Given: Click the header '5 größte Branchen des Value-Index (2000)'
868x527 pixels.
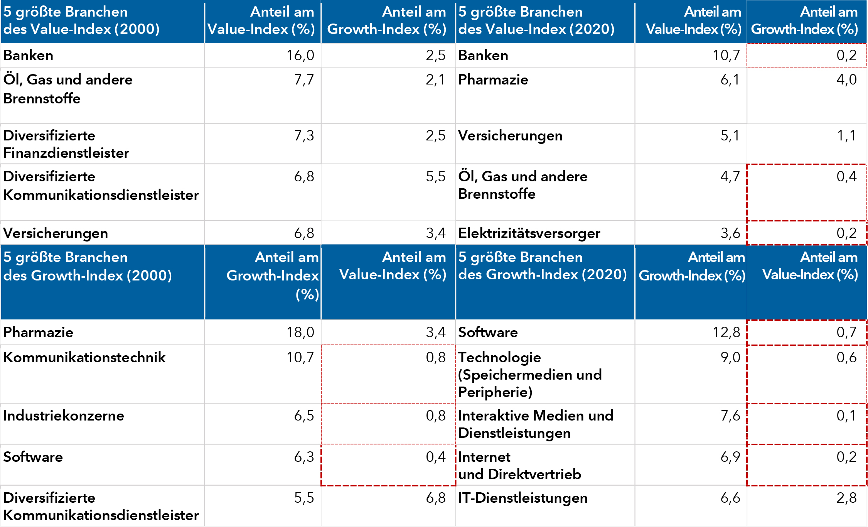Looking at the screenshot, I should pos(81,20).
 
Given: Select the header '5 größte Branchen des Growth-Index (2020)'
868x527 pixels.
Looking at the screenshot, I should pos(542,266).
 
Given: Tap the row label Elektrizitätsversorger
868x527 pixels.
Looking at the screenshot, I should pos(529,233).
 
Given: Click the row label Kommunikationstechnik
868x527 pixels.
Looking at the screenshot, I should pos(84,357).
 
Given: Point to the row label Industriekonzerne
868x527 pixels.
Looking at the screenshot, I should pos(64,416).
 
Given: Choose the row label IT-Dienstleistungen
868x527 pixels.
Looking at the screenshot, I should pos(522,498).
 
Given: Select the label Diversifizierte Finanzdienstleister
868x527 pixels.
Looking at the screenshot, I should pos(66,144).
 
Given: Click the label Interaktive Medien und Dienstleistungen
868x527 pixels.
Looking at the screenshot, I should pos(535,424).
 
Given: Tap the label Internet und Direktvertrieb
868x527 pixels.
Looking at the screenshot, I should pos(519,466).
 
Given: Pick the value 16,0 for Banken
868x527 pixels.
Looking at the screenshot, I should pos(300,56).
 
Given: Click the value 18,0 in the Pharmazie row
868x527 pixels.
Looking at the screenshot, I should pos(300,332).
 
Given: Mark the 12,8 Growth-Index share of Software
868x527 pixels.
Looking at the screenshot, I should pos(726,332).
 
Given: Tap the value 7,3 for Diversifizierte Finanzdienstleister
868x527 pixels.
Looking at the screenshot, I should pos(304,136).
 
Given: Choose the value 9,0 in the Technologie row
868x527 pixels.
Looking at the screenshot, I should pos(730,357).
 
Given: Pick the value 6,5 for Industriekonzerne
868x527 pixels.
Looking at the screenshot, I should pos(304,416).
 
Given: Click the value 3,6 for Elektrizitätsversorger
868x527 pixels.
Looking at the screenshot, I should pos(730,233).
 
